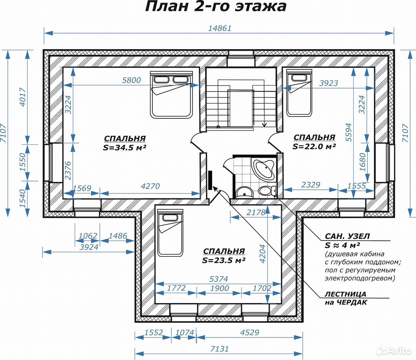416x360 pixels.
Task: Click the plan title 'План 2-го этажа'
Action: click(x=216, y=6)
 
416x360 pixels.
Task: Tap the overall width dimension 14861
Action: click(x=220, y=28)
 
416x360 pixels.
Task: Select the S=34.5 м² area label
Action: click(x=125, y=147)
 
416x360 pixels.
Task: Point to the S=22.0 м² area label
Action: click(x=314, y=147)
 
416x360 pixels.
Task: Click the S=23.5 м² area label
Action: click(x=224, y=260)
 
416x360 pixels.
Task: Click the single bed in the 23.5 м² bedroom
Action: click(x=170, y=232)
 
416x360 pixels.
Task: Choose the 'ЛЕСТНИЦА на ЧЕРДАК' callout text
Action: click(x=346, y=298)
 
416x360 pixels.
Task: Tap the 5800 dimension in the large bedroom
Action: click(x=131, y=80)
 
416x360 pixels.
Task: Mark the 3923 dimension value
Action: click(x=329, y=83)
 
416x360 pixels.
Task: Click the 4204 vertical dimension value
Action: click(x=262, y=254)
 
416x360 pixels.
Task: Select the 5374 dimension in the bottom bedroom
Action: click(x=219, y=279)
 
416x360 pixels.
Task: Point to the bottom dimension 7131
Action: click(x=219, y=349)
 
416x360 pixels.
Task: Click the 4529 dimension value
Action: click(x=249, y=332)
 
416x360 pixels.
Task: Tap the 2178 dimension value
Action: click(x=256, y=212)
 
